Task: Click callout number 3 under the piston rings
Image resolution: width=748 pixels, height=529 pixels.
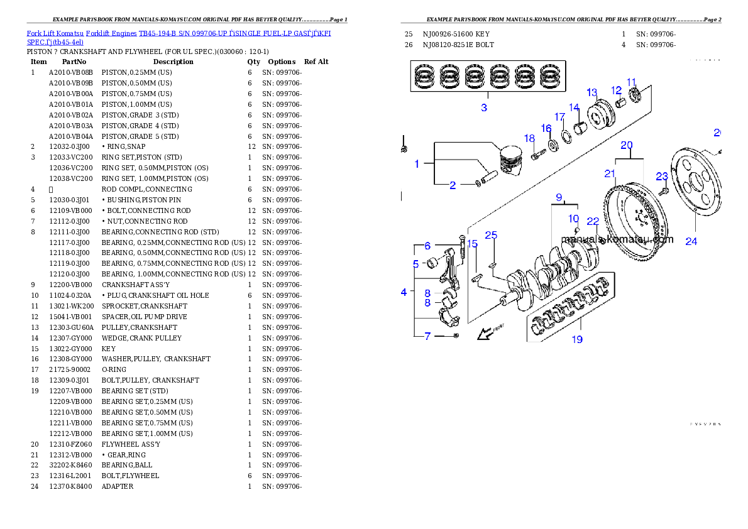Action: (484, 107)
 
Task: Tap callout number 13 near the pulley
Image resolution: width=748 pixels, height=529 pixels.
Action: (591, 92)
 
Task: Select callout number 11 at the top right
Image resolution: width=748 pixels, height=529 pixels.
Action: (632, 82)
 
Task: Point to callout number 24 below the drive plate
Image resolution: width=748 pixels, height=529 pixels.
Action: (691, 241)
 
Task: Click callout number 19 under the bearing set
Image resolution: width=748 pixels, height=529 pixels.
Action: (576, 339)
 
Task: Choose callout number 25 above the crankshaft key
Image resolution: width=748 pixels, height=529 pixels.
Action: (491, 235)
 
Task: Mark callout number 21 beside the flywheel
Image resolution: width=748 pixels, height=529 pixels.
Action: (610, 173)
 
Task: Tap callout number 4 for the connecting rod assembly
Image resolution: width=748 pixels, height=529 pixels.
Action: (404, 292)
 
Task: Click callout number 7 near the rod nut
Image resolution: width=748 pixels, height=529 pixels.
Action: (427, 336)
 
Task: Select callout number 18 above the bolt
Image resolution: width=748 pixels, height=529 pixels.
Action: (529, 138)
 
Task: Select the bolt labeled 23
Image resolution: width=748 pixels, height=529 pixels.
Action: (663, 190)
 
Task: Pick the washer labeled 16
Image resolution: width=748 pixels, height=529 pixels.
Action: (554, 146)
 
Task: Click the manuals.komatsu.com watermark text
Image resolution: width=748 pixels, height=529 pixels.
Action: (617, 239)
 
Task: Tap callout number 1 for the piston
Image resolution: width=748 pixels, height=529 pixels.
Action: (417, 164)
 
